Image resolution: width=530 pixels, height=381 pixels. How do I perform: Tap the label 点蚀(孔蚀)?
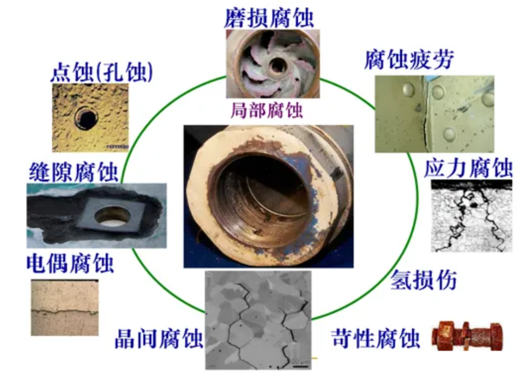(102, 72)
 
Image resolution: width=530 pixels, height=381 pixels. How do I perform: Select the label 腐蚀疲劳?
(408, 59)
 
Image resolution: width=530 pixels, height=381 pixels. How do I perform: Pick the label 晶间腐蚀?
(159, 339)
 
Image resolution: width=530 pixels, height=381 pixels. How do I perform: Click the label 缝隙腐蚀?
(73, 173)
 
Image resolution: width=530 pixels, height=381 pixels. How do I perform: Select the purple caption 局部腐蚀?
(267, 110)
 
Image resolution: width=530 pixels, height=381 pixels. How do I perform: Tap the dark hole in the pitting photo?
(86, 118)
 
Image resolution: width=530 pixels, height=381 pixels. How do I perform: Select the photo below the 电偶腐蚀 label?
(64, 308)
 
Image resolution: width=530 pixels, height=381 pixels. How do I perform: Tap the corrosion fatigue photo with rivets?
(434, 113)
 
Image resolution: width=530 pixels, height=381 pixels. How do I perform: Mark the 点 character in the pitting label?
(61, 72)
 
